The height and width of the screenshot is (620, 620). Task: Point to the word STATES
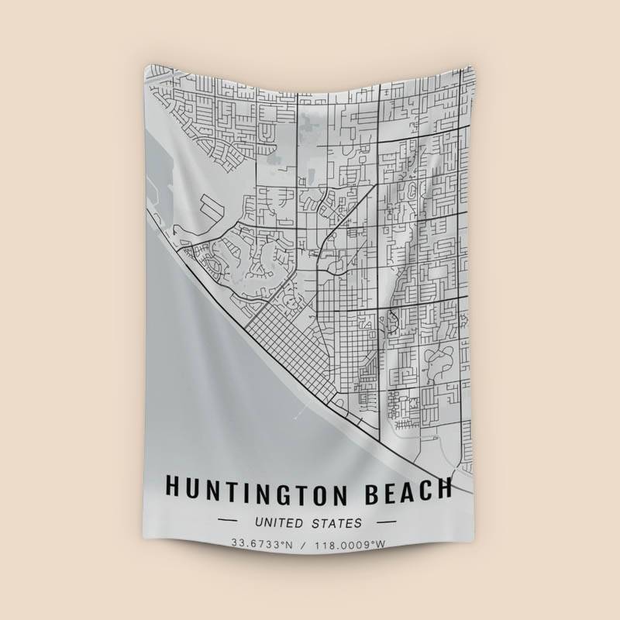coord(336,523)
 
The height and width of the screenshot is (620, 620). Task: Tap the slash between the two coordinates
coord(306,543)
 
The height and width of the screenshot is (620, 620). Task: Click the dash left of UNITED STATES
coord(229,522)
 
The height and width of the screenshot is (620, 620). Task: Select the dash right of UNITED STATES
coord(386,522)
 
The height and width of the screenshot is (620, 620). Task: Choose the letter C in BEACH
coord(424,489)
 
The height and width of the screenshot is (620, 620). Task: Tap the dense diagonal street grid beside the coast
coord(287,341)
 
